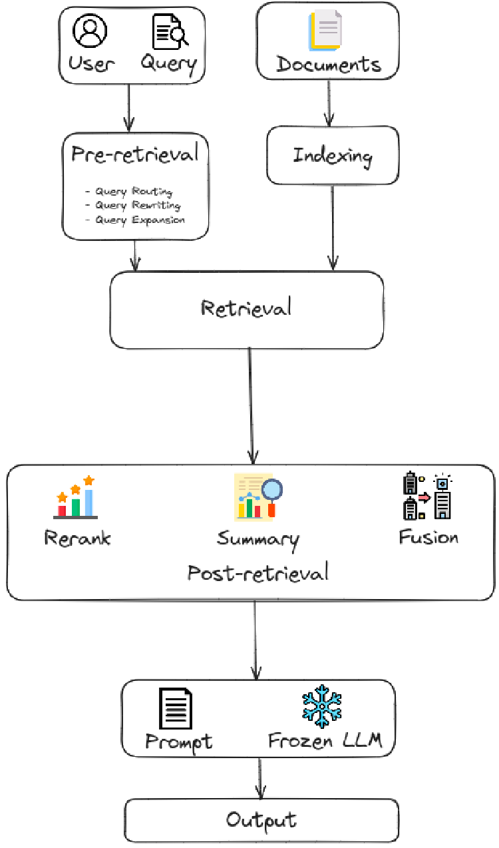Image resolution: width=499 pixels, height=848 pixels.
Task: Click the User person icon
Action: [x=90, y=31]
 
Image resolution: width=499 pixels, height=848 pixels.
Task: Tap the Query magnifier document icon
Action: [x=170, y=32]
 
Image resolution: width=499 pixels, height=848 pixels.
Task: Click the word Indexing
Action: [x=333, y=156]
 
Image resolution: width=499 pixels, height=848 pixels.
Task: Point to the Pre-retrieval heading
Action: [x=135, y=154]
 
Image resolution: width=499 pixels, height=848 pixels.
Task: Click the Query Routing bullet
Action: [x=129, y=192]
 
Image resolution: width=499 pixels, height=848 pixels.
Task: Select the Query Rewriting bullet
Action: [x=133, y=206]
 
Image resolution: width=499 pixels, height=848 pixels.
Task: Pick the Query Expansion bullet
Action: [x=135, y=220]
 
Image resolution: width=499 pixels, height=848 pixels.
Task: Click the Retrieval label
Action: [x=246, y=308]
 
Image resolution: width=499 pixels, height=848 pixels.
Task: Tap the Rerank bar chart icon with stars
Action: [x=75, y=497]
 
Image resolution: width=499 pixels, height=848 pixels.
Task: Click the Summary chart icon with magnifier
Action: [x=258, y=497]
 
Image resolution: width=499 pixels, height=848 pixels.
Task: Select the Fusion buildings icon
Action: [x=428, y=496]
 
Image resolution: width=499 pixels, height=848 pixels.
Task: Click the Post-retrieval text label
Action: [x=257, y=572]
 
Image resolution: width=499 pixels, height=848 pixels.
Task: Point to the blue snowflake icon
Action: [x=321, y=706]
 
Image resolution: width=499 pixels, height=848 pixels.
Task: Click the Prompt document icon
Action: [x=176, y=709]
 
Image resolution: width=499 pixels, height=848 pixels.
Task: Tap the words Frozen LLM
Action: [x=325, y=741]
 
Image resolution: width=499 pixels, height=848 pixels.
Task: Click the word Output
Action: [x=261, y=819]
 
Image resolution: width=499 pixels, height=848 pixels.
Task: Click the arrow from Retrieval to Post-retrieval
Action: [x=251, y=406]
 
